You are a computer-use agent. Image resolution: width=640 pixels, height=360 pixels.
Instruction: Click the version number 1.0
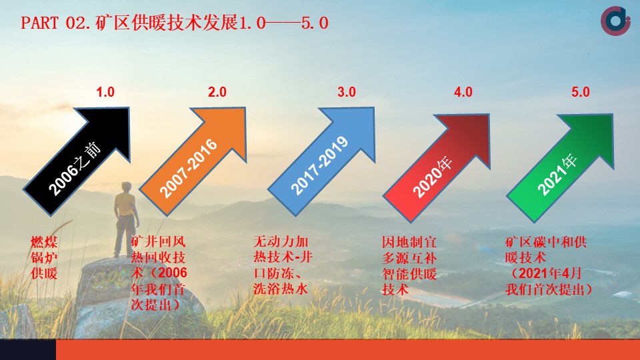[x=105, y=92]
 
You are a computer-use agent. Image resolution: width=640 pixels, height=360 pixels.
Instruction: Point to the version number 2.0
[x=217, y=92]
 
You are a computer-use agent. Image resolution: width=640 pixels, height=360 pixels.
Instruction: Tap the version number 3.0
[x=347, y=92]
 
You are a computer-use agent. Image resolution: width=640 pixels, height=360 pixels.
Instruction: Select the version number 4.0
[x=463, y=92]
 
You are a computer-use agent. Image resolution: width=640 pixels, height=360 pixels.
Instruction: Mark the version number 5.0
[x=581, y=92]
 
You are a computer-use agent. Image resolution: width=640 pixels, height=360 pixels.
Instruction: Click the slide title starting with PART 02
[x=175, y=23]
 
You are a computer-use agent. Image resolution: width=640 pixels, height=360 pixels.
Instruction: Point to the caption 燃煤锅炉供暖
[x=44, y=257]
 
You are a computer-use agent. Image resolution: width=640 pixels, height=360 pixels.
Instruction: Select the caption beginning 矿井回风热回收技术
[x=159, y=273]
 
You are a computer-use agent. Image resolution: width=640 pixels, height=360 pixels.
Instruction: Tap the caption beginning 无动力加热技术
[x=283, y=265]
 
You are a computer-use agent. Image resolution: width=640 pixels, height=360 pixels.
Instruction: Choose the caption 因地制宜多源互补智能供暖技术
[x=409, y=266]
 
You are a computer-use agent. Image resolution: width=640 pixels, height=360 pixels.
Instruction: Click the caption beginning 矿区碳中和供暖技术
[x=549, y=266]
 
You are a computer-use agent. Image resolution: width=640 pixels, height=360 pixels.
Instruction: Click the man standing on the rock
[x=126, y=219]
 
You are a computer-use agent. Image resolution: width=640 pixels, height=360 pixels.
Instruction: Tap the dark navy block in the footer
[x=28, y=350]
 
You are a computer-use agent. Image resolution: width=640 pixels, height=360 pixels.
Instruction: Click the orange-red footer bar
[x=348, y=350]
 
